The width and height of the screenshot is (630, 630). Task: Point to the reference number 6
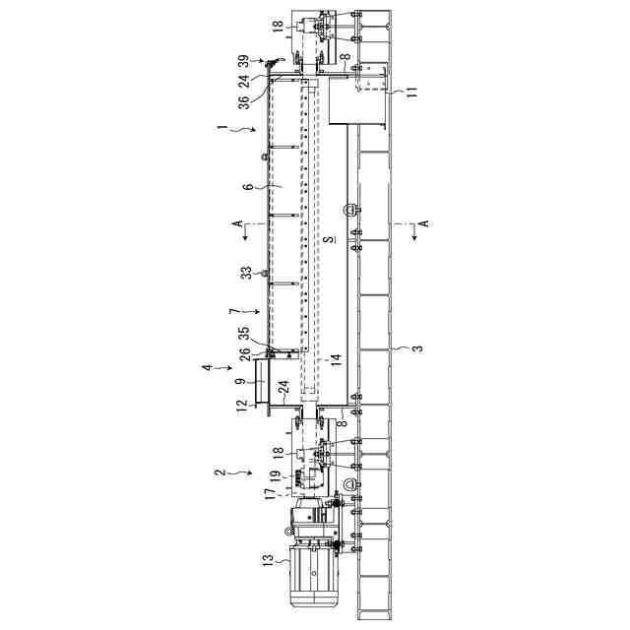[248, 185]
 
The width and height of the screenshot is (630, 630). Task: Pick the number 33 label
[247, 271]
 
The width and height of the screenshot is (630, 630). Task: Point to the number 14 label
[335, 360]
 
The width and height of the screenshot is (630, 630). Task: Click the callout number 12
[241, 404]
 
